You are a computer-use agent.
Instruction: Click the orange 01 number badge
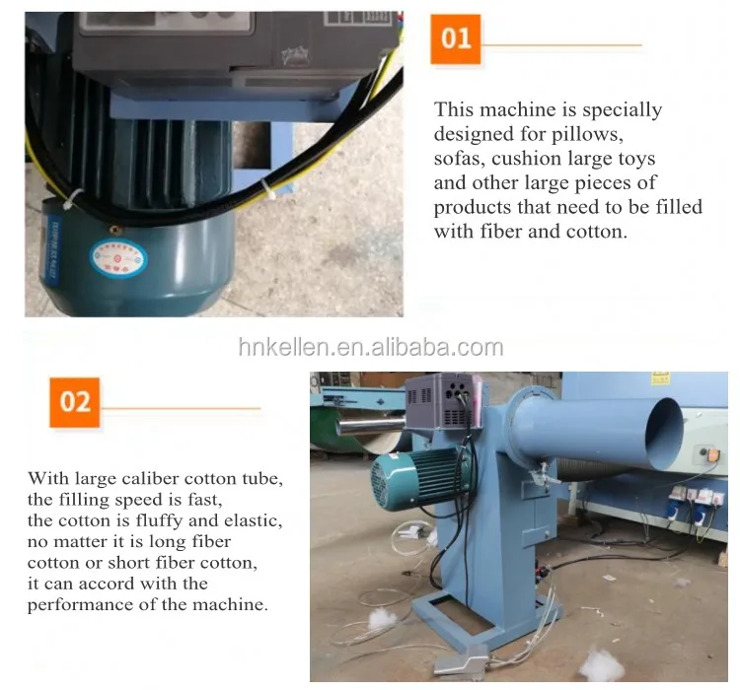pos(456,39)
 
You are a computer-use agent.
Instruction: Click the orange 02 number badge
pos(75,402)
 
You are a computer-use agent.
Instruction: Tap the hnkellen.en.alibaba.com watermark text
pos(371,348)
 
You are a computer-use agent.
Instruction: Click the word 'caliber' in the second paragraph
pos(151,478)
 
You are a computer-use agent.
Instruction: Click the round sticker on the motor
pos(118,258)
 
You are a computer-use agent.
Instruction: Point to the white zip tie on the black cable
pos(71,199)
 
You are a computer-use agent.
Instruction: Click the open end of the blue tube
pos(664,434)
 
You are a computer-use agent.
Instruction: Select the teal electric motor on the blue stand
pos(417,479)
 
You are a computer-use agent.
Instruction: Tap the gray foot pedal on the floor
pos(461,658)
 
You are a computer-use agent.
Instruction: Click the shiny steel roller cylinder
pos(370,426)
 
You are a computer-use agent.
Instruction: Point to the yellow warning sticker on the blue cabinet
pos(660,379)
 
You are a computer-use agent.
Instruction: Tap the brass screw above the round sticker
pos(114,230)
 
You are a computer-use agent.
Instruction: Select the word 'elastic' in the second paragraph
pos(253,520)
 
